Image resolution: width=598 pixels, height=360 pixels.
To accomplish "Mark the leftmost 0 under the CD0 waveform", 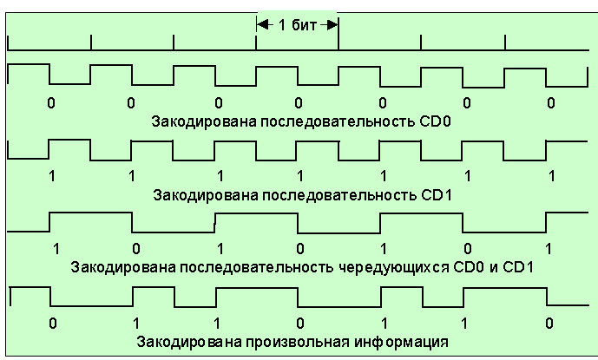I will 50,102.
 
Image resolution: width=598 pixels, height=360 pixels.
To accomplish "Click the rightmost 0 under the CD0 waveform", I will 550,102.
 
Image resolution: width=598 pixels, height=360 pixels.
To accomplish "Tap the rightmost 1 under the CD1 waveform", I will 550,176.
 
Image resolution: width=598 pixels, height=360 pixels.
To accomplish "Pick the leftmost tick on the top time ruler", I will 9,43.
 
